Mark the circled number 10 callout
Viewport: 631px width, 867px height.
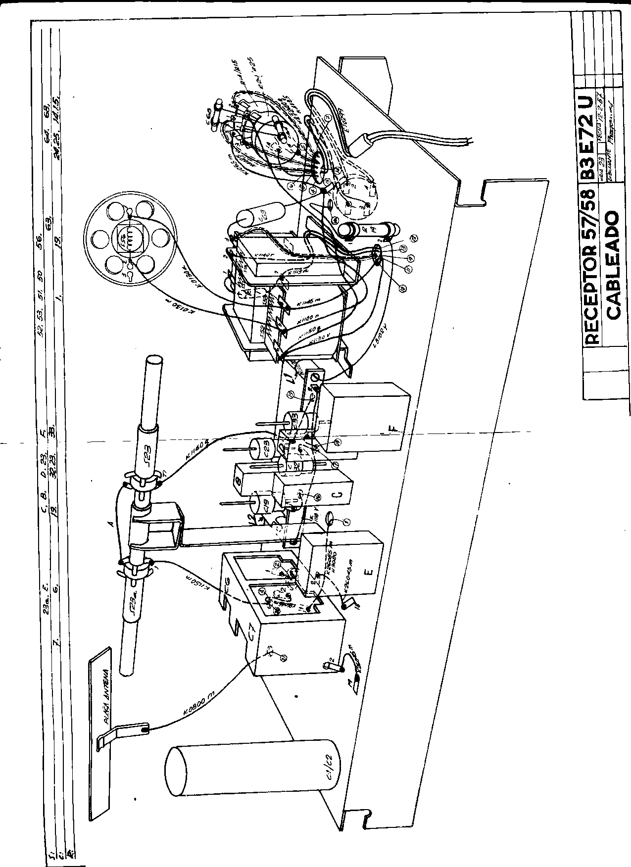click(x=401, y=287)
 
